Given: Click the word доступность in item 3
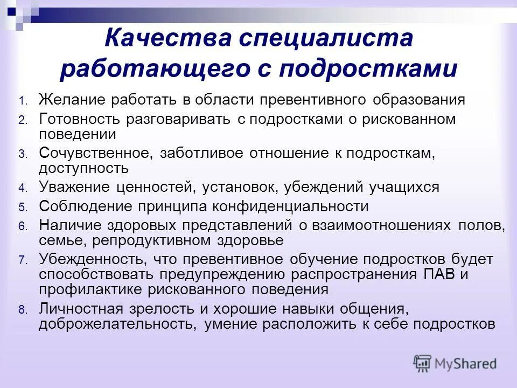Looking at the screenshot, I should click(x=83, y=168).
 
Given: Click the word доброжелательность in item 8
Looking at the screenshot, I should click(x=113, y=324).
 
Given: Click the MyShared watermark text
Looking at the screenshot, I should click(x=466, y=364).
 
